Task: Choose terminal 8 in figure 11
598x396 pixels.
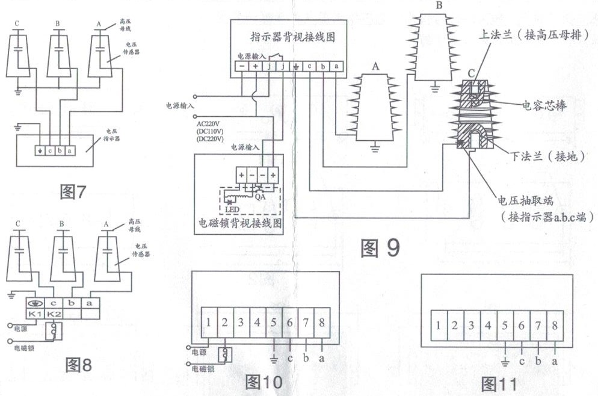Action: click(553, 326)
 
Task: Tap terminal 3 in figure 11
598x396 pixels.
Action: click(472, 326)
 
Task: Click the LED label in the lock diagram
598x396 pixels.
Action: click(231, 209)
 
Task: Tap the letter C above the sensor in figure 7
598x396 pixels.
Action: click(17, 23)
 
